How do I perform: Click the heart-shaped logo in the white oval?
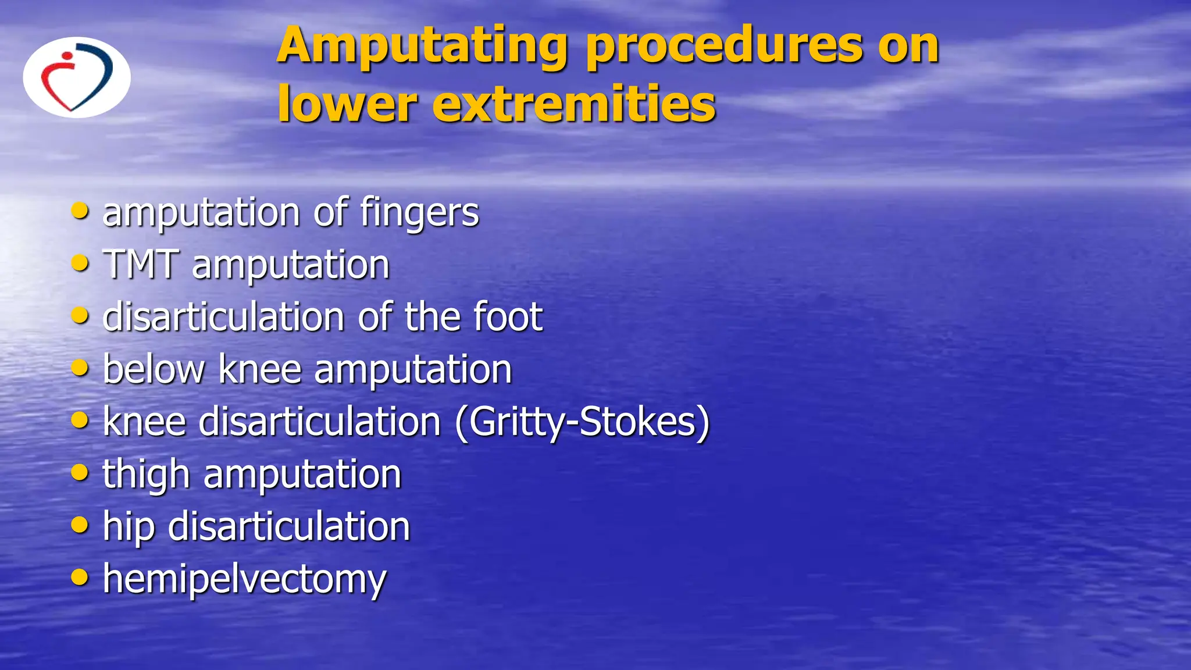click(77, 78)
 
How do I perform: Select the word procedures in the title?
click(724, 47)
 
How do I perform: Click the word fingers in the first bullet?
click(419, 213)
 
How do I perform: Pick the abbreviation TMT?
click(140, 265)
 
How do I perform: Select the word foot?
click(508, 317)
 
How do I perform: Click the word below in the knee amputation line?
click(154, 369)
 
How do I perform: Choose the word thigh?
click(147, 475)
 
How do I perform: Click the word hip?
click(129, 527)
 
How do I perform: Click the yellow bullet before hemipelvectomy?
click(80, 578)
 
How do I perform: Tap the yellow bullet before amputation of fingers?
click(80, 211)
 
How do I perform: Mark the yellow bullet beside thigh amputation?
click(80, 472)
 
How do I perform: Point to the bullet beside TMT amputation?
click(80, 263)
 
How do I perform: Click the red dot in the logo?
click(67, 56)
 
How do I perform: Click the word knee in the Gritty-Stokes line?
click(144, 422)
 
